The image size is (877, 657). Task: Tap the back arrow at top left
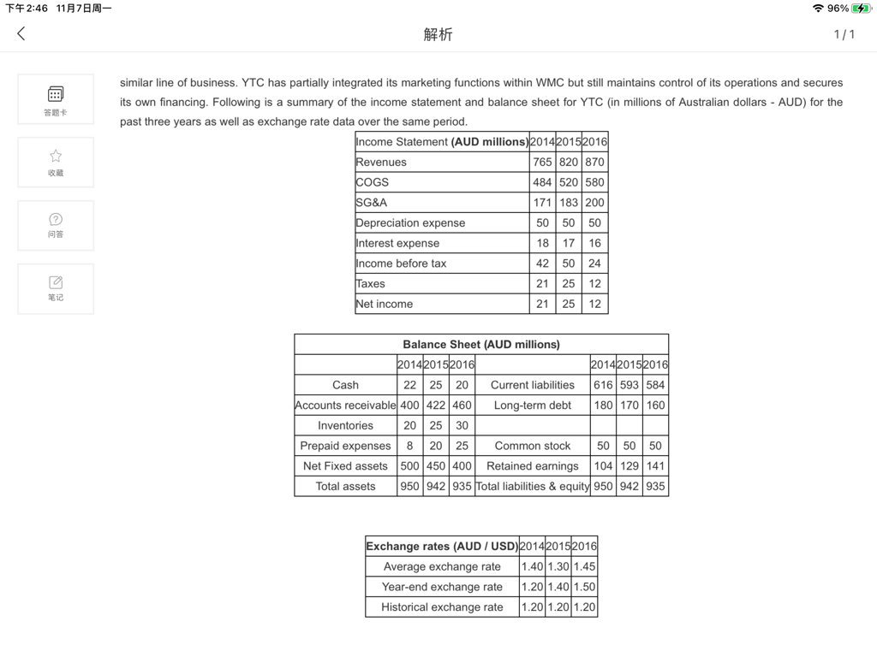pos(21,33)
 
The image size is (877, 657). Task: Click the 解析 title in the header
pos(438,34)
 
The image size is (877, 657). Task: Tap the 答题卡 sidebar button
pos(56,98)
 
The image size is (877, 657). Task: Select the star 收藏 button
pos(56,161)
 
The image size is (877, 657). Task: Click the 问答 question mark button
pos(56,224)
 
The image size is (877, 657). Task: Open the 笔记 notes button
pos(56,287)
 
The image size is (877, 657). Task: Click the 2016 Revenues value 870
pos(594,162)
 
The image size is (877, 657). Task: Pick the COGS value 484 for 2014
pos(542,182)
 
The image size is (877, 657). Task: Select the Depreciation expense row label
pos(411,222)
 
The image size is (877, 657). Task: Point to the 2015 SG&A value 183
pos(569,203)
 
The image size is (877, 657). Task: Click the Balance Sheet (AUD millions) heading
pos(481,344)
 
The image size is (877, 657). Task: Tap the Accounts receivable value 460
pos(462,405)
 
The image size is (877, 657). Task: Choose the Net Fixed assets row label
pos(345,465)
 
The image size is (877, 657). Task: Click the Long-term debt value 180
pos(603,405)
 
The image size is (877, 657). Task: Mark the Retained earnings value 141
pos(655,465)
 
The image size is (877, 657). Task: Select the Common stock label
pos(533,446)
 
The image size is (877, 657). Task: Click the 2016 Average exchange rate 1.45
pos(584,566)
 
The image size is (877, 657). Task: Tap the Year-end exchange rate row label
pos(442,587)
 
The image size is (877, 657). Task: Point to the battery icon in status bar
pos(860,9)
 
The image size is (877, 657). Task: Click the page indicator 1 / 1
pos(844,34)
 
